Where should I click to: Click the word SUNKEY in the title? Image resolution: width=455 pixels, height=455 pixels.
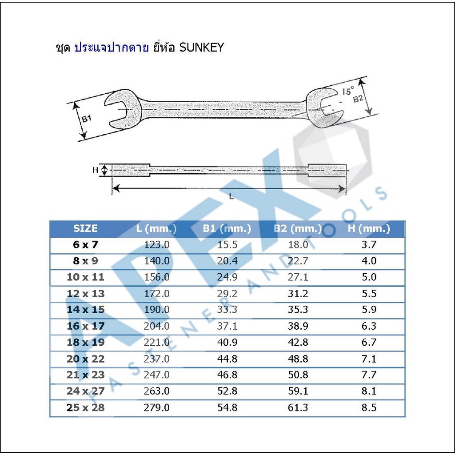(201, 47)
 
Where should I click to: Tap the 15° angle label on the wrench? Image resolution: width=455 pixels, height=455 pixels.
(348, 91)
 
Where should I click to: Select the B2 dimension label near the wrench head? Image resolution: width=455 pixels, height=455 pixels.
(358, 99)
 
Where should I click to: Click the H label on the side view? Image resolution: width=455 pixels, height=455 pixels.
(95, 170)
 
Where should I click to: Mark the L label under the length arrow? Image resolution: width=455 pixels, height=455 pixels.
(231, 197)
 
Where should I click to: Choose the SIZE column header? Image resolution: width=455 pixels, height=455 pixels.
(85, 229)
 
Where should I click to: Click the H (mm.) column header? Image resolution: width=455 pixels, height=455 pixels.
(369, 229)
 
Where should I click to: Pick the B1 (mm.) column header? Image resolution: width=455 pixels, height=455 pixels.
(227, 229)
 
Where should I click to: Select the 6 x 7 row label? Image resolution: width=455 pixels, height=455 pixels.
(85, 245)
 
